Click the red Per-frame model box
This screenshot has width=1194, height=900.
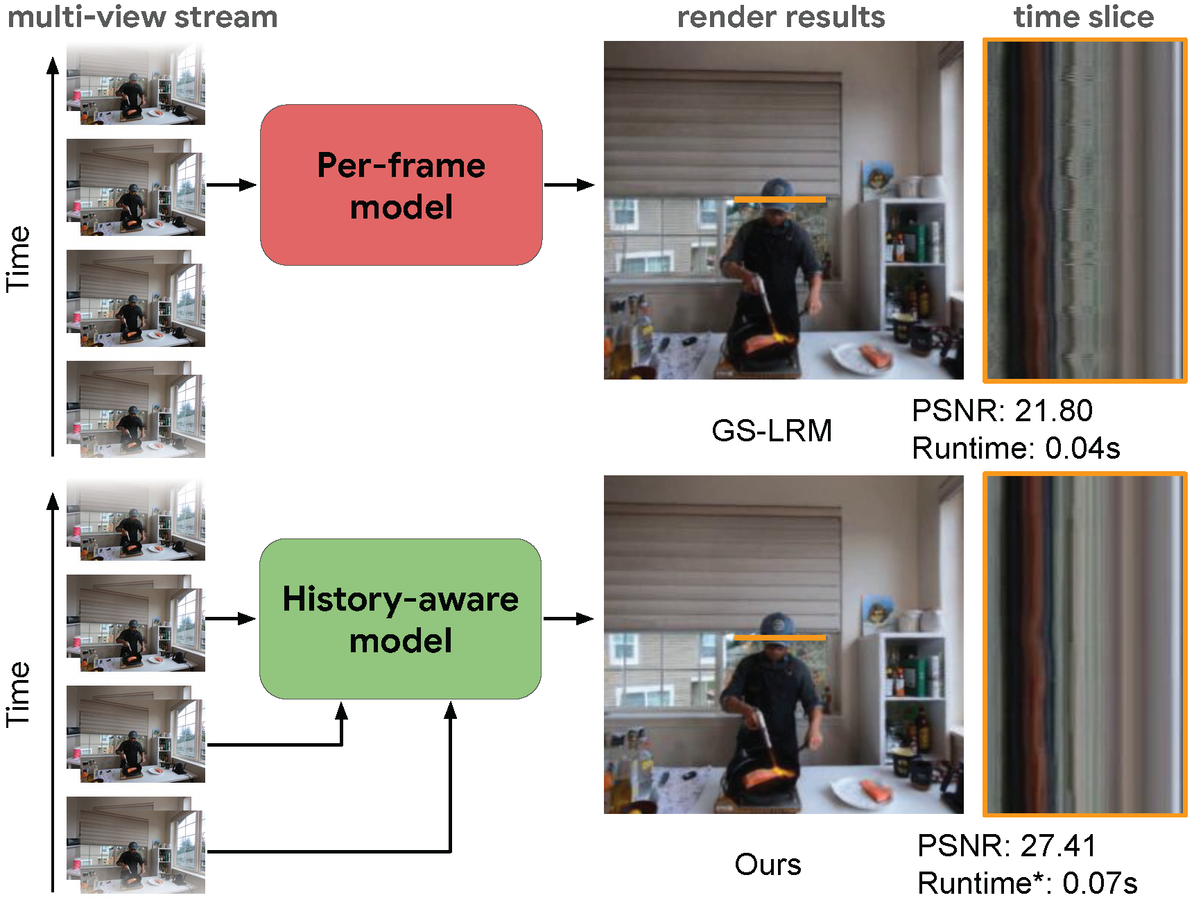tap(401, 185)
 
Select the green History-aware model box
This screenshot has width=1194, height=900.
tap(400, 619)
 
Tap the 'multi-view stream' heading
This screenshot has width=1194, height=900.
tap(142, 17)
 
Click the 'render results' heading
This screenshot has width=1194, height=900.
tap(781, 17)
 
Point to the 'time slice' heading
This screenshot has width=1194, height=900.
tap(1084, 17)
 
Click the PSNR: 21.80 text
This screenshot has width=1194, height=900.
tap(1002, 411)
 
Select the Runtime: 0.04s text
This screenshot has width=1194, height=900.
tap(1016, 448)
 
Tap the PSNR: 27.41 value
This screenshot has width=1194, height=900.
tap(1007, 846)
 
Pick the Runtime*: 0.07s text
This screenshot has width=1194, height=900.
tap(1027, 883)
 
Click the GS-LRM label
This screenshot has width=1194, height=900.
tap(772, 431)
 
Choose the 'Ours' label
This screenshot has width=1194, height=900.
tap(768, 865)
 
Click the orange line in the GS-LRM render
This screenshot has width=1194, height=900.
tap(780, 200)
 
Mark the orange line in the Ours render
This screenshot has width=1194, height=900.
tap(780, 638)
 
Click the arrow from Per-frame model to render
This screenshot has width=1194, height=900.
tap(569, 185)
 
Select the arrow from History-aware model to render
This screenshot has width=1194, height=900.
tap(569, 618)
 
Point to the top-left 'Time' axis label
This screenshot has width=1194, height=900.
tap(18, 258)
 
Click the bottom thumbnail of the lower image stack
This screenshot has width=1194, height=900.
tap(136, 845)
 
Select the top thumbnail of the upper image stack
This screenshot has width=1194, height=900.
tap(136, 84)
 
